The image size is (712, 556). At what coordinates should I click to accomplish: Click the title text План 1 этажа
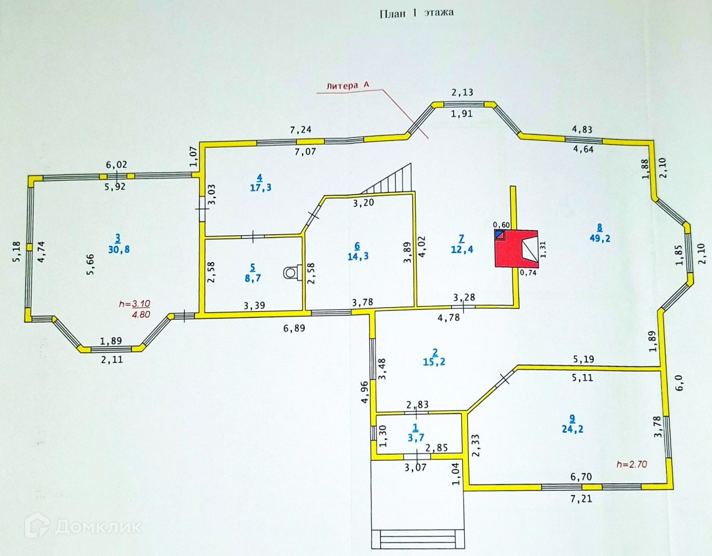416,13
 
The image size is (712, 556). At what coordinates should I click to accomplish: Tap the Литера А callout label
348,85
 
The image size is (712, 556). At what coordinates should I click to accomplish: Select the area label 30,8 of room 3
119,249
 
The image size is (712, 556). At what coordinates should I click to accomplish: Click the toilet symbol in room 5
290,272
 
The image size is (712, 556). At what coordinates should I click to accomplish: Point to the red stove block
516,249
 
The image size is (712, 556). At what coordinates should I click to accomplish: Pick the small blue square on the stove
499,234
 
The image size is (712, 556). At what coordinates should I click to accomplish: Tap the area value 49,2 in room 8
600,238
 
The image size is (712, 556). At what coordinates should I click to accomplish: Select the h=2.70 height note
632,464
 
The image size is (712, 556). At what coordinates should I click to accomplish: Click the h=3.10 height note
134,304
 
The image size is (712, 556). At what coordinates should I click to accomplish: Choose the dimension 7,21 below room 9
581,498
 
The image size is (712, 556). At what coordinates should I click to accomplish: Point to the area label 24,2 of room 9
573,429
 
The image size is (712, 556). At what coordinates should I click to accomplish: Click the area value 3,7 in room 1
416,438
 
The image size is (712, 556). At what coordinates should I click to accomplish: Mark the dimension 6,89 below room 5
294,328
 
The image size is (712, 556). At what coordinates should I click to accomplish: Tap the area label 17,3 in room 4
260,187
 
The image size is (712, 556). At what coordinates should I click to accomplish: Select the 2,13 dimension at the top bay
462,92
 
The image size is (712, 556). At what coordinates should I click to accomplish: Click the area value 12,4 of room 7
462,250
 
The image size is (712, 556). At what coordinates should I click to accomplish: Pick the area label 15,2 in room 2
434,362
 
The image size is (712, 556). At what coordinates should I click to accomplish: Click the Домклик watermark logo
83,526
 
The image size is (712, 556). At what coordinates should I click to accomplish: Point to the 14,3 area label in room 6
358,256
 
